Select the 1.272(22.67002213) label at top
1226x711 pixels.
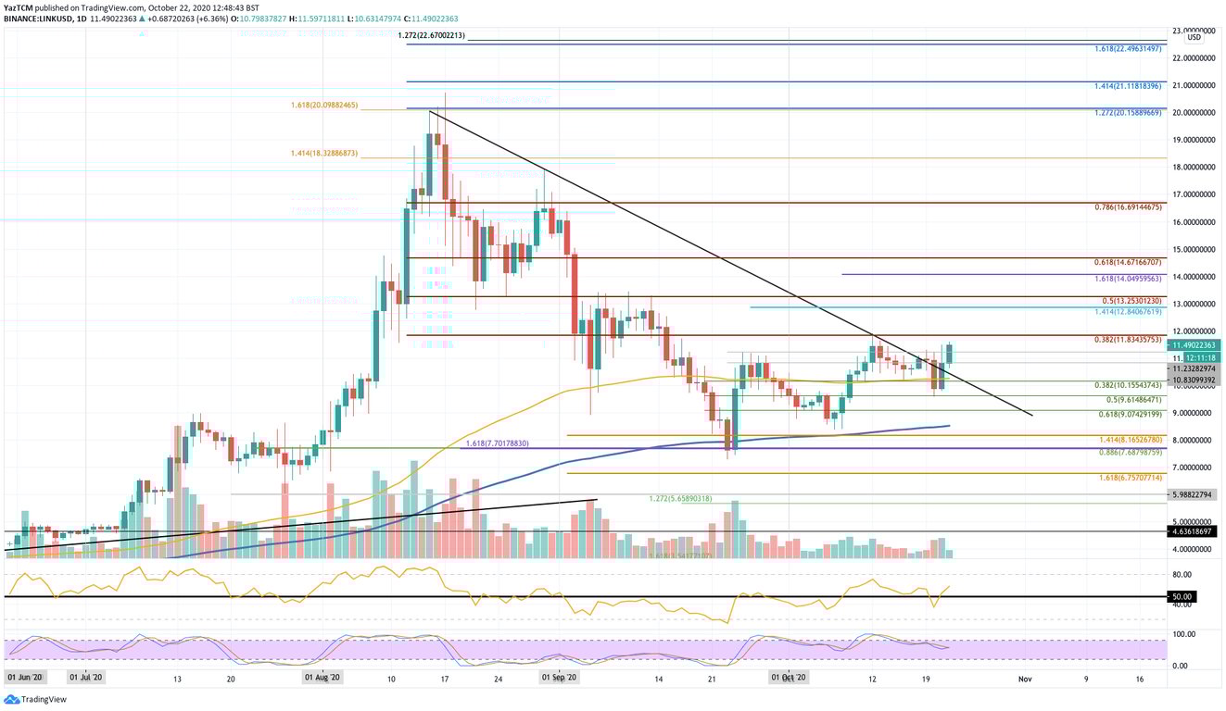coord(431,35)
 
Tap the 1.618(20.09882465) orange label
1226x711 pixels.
coord(324,106)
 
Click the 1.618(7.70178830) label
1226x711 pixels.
coord(496,444)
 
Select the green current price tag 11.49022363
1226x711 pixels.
coord(1193,344)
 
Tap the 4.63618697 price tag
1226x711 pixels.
coord(1193,532)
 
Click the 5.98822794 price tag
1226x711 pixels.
coord(1193,494)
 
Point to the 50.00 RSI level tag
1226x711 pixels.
coord(1185,597)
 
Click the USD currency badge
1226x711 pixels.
coord(1194,38)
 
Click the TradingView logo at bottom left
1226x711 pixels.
coord(35,700)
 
